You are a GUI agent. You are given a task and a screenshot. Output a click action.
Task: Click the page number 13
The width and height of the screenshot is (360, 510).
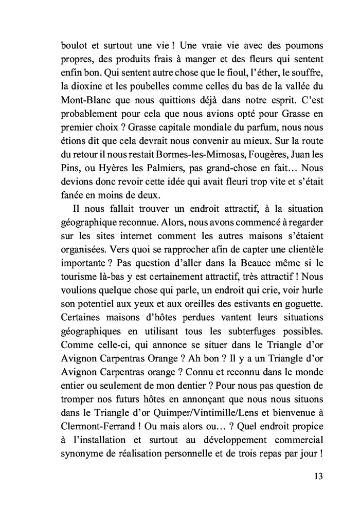click(x=318, y=476)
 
